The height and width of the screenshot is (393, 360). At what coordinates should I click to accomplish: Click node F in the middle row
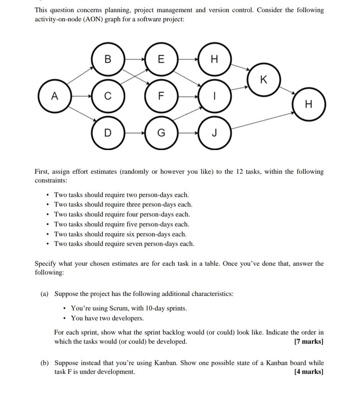click(161, 96)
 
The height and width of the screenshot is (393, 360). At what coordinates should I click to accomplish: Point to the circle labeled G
click(161, 133)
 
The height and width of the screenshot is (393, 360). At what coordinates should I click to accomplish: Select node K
click(263, 80)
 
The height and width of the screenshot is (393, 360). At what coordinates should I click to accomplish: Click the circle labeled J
click(214, 133)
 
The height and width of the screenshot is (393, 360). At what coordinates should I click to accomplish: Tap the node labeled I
click(214, 96)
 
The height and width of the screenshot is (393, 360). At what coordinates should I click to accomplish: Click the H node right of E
click(214, 59)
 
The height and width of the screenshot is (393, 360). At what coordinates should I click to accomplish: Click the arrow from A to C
click(81, 96)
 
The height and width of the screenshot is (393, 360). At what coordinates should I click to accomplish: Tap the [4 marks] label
click(309, 372)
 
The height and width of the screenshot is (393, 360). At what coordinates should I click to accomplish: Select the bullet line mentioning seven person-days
click(124, 244)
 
